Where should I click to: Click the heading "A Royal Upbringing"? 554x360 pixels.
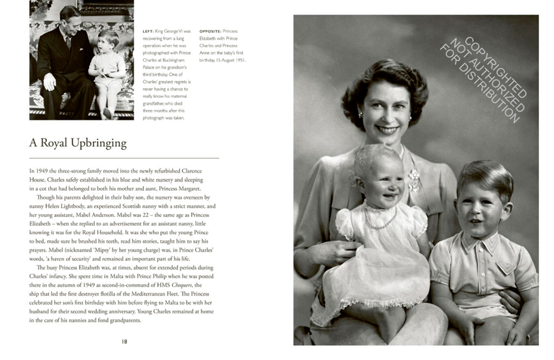78,143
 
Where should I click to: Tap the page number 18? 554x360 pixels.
125,342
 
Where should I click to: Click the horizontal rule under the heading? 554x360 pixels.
124,158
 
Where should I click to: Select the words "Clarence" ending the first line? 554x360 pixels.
203,171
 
